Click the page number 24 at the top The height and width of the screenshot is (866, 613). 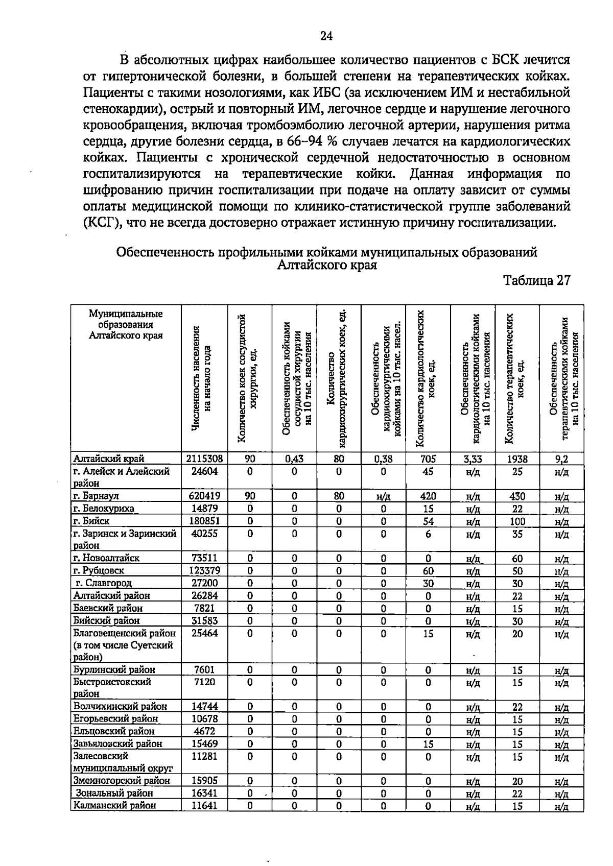pos(326,36)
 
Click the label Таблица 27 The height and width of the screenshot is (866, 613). pos(536,281)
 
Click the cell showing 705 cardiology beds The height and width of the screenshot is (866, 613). pos(428,459)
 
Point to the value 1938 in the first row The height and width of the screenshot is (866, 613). pos(517,459)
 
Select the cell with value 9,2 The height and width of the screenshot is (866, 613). pos(561,459)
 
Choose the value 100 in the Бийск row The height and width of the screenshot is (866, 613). pos(517,521)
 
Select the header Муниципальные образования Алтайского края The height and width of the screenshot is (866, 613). pos(126,324)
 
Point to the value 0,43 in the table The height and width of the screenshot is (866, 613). pos(294,459)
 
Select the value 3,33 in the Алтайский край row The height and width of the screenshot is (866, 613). pos(473,459)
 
